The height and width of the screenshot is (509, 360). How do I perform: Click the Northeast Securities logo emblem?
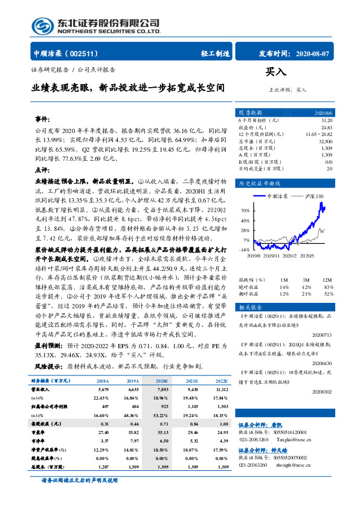tap(42, 25)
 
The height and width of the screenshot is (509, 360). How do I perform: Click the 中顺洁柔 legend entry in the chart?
tap(278, 196)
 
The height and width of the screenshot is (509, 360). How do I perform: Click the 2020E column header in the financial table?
tap(162, 381)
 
